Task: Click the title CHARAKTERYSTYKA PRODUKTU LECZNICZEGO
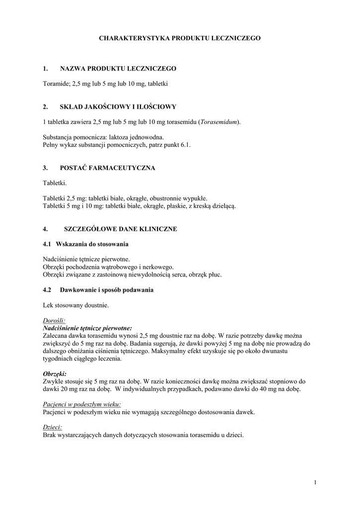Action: [180, 38]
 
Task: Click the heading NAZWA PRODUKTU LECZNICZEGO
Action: [118, 68]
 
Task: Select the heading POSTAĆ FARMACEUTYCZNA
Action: [107, 168]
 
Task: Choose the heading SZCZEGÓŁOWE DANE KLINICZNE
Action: [121, 229]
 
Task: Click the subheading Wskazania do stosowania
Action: [92, 244]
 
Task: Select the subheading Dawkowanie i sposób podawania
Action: [107, 290]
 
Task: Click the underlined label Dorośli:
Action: [54, 320]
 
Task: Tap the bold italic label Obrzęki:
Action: [55, 374]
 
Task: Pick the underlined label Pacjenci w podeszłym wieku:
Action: [82, 404]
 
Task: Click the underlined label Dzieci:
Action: [53, 427]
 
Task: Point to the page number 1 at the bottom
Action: [315, 482]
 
